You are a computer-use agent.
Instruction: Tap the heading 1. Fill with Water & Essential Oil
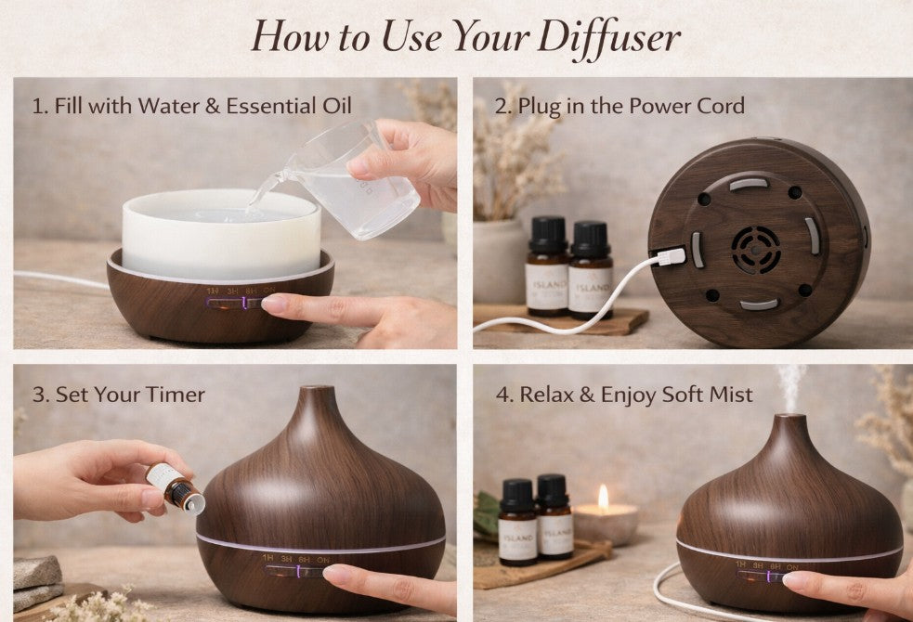coord(192,106)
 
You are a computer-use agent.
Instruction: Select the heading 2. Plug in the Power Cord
coord(620,106)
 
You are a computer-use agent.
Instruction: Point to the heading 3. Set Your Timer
coord(119,394)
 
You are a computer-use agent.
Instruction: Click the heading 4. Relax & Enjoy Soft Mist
coord(624,395)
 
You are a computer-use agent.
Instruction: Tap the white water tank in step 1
coord(221,237)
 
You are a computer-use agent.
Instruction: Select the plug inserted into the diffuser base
coord(671,256)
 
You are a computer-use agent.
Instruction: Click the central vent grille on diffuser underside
coord(754,249)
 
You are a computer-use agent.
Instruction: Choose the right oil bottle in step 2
coord(590,269)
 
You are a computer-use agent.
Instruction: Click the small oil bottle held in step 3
coord(176,486)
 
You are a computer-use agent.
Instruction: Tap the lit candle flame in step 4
coord(603,498)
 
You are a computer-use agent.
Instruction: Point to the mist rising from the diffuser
coord(790,385)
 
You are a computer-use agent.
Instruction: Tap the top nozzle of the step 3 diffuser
coord(318,395)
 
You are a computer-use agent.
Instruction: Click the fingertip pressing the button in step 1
coord(276,304)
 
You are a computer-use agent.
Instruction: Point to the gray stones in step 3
coord(37,579)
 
